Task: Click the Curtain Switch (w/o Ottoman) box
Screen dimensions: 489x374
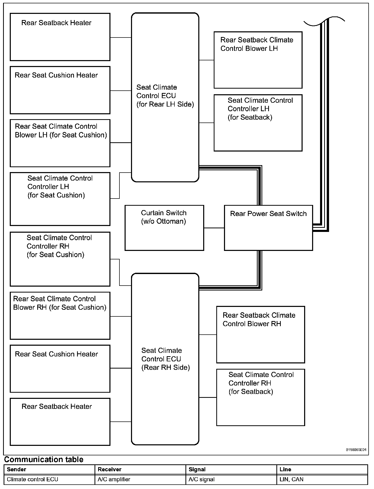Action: pyautogui.click(x=164, y=228)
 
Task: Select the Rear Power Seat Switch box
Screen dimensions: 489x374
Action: pyautogui.click(x=268, y=228)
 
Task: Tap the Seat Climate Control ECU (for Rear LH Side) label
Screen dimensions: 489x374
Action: pyautogui.click(x=165, y=96)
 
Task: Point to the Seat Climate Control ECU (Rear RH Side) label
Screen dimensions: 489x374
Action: pyautogui.click(x=165, y=359)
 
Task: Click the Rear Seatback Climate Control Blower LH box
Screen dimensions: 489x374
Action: pyautogui.click(x=258, y=60)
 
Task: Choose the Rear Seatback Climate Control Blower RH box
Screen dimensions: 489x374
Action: pyautogui.click(x=260, y=335)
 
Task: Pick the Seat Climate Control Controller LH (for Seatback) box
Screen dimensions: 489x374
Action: pyautogui.click(x=258, y=123)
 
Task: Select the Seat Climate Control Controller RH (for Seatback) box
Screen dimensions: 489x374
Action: pyautogui.click(x=260, y=397)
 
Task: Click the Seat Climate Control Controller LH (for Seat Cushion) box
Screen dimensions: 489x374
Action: pyautogui.click(x=60, y=199)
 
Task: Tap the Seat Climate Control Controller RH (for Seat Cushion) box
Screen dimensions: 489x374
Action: pyautogui.click(x=60, y=259)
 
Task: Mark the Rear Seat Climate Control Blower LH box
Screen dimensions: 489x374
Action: pyautogui.click(x=60, y=143)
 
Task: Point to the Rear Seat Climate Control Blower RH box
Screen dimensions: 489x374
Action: pyautogui.click(x=60, y=316)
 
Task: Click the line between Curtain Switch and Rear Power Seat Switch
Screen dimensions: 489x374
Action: pyautogui.click(x=214, y=228)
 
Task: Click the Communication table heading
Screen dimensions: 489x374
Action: pyautogui.click(x=44, y=459)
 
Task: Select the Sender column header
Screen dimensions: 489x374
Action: pyautogui.click(x=16, y=469)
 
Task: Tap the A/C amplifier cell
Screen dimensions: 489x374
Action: pyautogui.click(x=114, y=479)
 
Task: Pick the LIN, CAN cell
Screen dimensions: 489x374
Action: pyautogui.click(x=291, y=479)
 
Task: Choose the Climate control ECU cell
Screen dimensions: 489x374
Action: pyautogui.click(x=32, y=479)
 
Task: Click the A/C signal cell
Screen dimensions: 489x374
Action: pyautogui.click(x=201, y=479)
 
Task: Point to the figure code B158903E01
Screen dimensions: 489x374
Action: pyautogui.click(x=356, y=450)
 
